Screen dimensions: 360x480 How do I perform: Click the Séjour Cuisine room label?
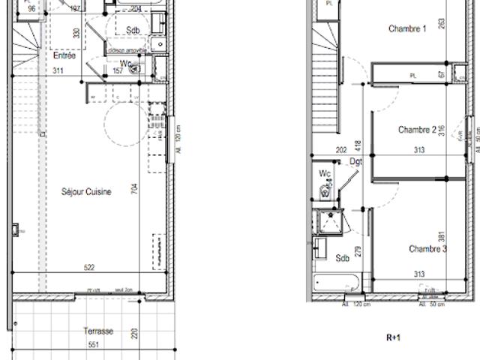[x=86, y=192]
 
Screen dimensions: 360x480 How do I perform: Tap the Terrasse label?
[x=98, y=331]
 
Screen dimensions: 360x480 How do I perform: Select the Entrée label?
[x=64, y=56]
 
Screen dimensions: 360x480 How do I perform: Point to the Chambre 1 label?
[x=407, y=29]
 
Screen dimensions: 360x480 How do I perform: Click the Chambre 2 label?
[x=418, y=130]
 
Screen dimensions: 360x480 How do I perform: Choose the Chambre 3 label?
[x=428, y=249]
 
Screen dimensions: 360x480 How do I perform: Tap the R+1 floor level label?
[x=394, y=338]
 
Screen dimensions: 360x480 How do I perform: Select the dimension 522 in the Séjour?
[x=89, y=268]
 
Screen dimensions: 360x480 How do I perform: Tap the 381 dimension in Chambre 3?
[x=442, y=237]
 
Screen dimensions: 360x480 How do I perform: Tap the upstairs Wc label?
[x=325, y=174]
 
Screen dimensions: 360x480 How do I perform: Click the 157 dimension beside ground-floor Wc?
[x=117, y=71]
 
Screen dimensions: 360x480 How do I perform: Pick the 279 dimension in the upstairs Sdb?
[x=358, y=251]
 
